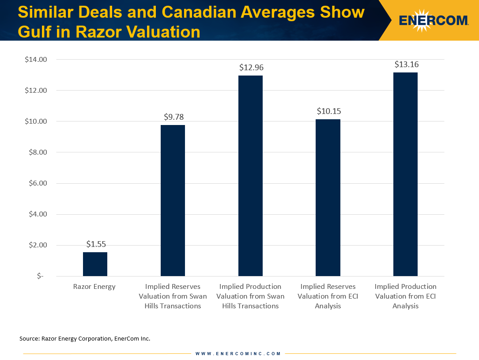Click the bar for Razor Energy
coord(95,264)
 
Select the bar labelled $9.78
coord(173,201)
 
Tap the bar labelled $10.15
coord(328,197)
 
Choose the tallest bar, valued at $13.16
coord(405,174)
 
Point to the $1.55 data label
coord(96,244)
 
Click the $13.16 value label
coord(407,64)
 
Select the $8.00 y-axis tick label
coord(38,152)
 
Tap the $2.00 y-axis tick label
coord(38,245)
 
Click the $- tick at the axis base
coord(40,276)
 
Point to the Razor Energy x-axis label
coord(94,287)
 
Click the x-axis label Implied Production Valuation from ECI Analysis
coord(405,296)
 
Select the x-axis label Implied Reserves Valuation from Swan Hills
coord(173,296)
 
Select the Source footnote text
coord(85,339)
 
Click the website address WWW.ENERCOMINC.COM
coord(238,353)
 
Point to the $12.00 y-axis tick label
coord(37,91)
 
